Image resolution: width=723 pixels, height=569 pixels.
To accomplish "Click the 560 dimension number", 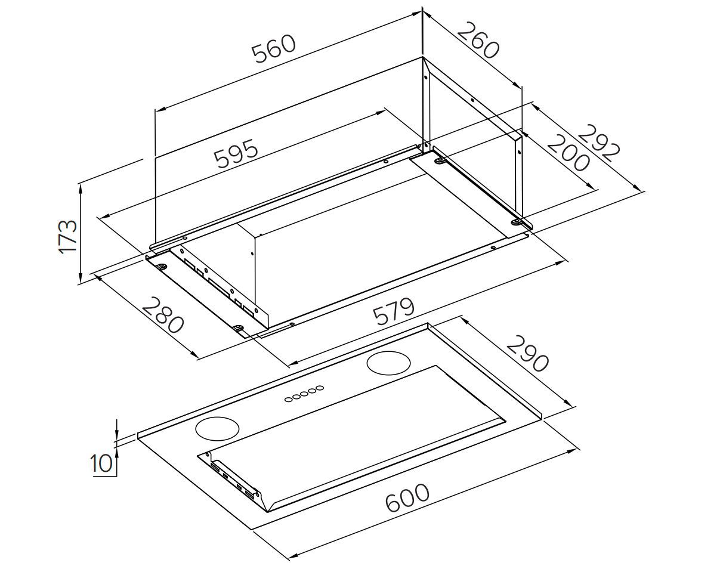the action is [x=274, y=49].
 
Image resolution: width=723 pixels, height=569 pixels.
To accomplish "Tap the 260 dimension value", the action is [x=477, y=40].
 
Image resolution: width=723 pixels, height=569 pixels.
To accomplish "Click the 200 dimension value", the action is [x=568, y=153].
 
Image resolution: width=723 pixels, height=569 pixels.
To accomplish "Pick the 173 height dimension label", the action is [x=67, y=236].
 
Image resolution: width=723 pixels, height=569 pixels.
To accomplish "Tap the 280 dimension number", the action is [x=163, y=315].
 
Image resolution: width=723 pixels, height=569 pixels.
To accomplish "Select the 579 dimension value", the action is [x=394, y=312].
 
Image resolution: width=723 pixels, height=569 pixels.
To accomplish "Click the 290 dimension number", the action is [x=527, y=353].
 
